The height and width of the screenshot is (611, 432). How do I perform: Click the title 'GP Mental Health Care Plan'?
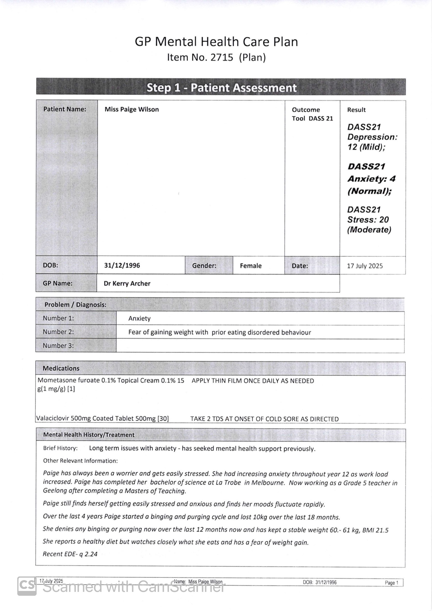coord(216,42)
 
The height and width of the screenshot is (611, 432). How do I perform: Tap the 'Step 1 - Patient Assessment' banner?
coord(221,87)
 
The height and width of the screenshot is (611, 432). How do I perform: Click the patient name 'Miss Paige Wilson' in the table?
coord(132,109)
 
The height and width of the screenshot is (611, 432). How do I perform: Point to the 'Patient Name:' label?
coord(65,109)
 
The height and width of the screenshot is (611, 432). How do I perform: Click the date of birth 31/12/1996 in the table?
coord(122,265)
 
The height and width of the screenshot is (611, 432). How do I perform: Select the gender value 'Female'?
coord(251,266)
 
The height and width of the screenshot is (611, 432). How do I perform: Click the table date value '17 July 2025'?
coord(365,266)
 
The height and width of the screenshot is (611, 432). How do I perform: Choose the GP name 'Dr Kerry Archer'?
coord(127,284)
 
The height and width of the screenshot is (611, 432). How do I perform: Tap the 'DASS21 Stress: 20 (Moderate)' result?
coord(369,219)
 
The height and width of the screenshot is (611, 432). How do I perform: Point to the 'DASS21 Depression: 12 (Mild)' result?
coord(372,137)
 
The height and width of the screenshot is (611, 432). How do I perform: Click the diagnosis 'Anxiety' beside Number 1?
coord(139,319)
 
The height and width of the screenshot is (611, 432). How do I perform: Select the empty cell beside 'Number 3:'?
coord(260,346)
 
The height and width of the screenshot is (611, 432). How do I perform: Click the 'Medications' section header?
coord(61,368)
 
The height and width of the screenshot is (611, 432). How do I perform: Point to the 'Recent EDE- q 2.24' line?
coord(70,554)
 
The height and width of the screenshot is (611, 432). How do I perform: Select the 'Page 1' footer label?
coord(391,582)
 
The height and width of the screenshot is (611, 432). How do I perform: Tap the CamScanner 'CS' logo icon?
coord(27,585)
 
